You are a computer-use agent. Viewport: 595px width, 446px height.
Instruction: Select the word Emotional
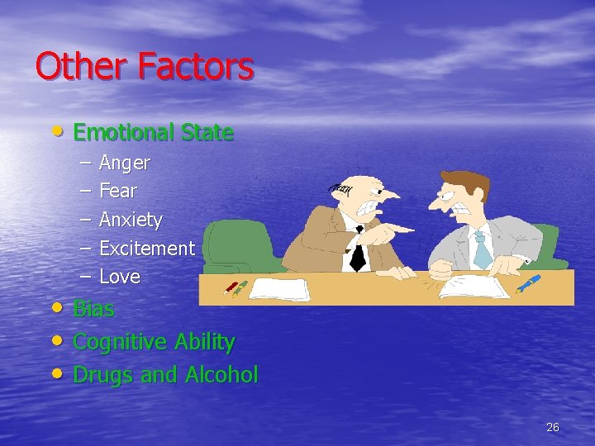tap(121, 132)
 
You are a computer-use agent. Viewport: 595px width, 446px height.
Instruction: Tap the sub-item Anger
tap(124, 164)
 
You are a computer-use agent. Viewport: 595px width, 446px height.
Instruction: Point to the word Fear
tap(117, 192)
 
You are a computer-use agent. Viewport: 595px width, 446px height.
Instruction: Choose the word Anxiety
tap(131, 221)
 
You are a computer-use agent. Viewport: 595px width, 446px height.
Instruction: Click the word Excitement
tap(146, 248)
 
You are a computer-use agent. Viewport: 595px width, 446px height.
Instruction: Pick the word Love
tap(119, 277)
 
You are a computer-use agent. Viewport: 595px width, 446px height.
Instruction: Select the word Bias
tap(93, 310)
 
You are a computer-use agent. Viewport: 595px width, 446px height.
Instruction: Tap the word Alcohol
tap(221, 374)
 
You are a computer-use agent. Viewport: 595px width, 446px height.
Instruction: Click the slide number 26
tap(553, 427)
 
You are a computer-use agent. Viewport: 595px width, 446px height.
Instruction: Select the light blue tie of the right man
tap(482, 248)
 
